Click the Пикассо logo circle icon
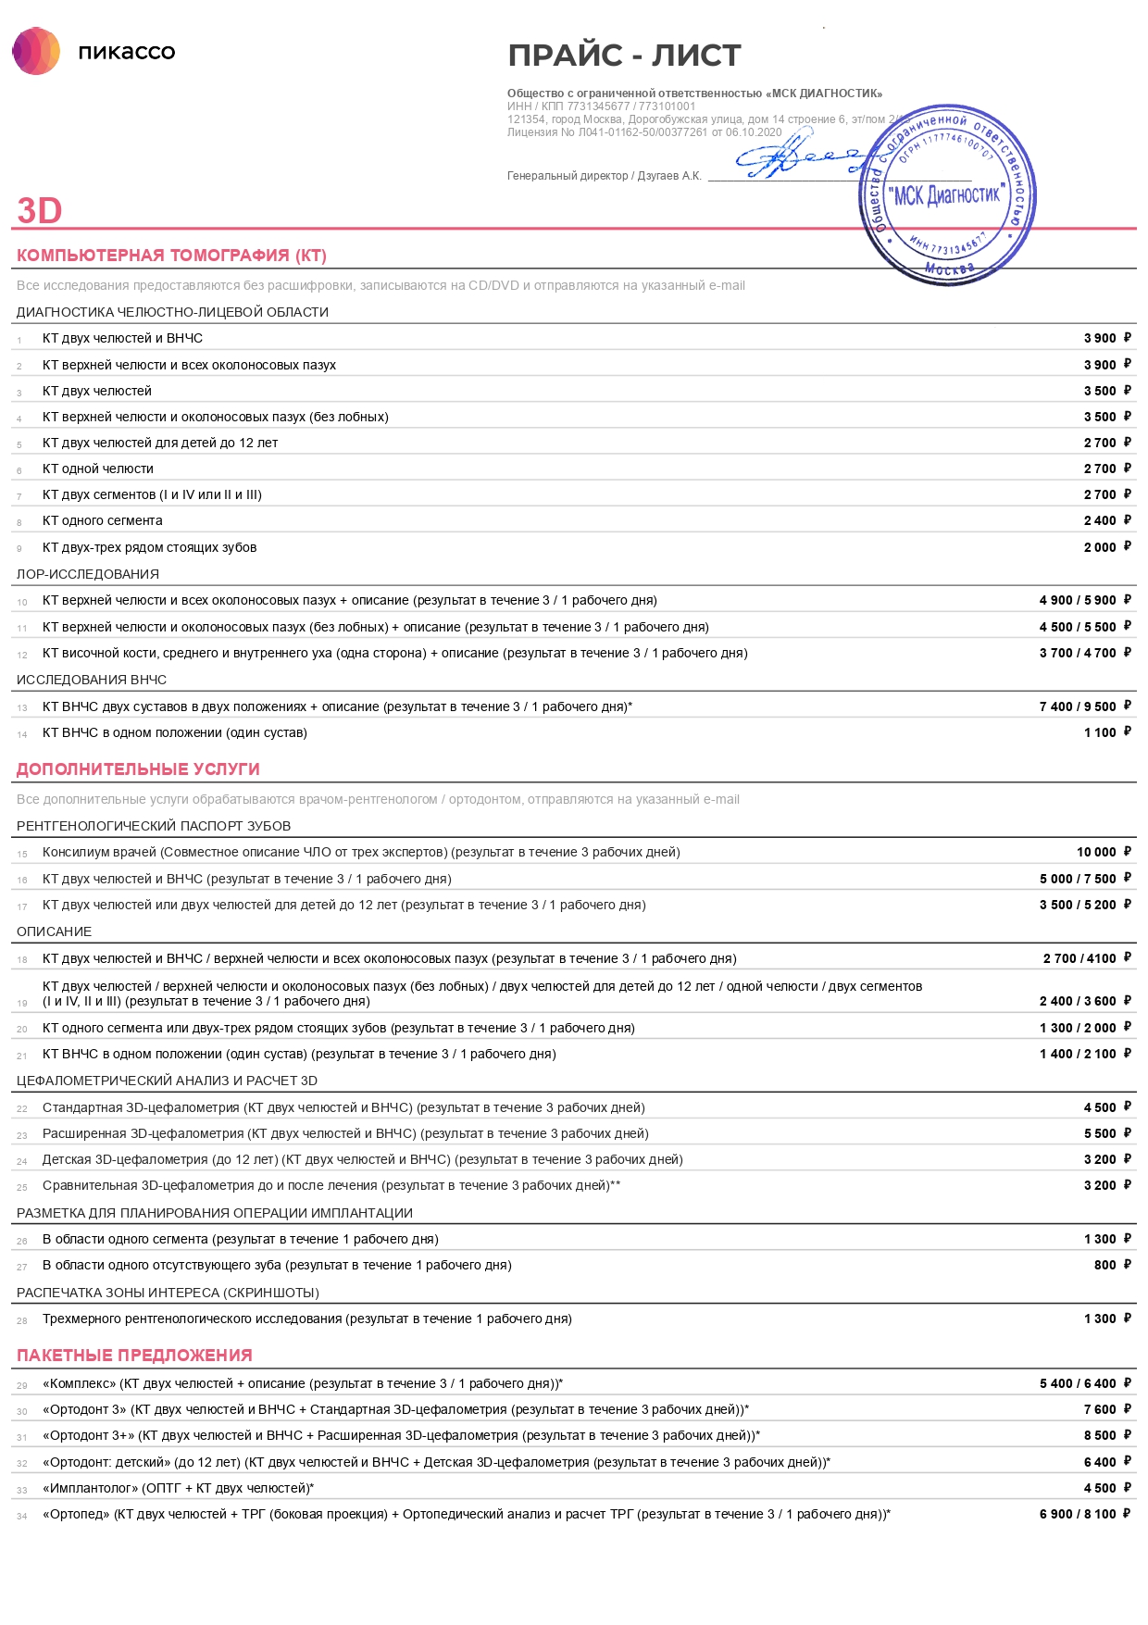pyautogui.click(x=36, y=51)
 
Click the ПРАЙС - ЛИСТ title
pyautogui.click(x=624, y=56)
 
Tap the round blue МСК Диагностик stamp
pyautogui.click(x=947, y=194)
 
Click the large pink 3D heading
pyautogui.click(x=39, y=211)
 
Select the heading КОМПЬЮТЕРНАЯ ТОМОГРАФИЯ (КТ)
pyautogui.click(x=171, y=256)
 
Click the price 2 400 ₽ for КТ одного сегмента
pyautogui.click(x=1106, y=520)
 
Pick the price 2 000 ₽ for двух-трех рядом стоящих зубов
pyautogui.click(x=1106, y=547)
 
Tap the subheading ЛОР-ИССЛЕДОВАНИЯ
pyautogui.click(x=88, y=574)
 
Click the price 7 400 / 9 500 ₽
pyautogui.click(x=1084, y=706)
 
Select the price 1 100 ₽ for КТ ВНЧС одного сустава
pyautogui.click(x=1106, y=732)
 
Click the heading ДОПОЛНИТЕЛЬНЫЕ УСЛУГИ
pyautogui.click(x=138, y=769)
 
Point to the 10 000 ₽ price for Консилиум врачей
pyautogui.click(x=1103, y=852)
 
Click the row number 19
pyautogui.click(x=22, y=1003)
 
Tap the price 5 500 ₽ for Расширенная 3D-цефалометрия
pyautogui.click(x=1106, y=1133)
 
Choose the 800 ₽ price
pyautogui.click(x=1112, y=1265)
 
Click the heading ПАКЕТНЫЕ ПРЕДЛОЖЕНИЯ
pyautogui.click(x=134, y=1356)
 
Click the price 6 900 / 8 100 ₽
pyautogui.click(x=1084, y=1514)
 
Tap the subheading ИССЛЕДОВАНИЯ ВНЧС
pyautogui.click(x=92, y=680)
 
